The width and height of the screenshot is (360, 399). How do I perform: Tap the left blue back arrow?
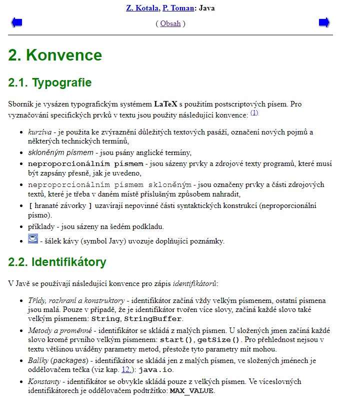pyautogui.click(x=17, y=22)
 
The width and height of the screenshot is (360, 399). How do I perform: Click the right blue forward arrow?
pyautogui.click(x=324, y=22)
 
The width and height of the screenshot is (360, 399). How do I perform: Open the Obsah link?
pyautogui.click(x=170, y=23)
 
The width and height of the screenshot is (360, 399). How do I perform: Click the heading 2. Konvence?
pyautogui.click(x=55, y=55)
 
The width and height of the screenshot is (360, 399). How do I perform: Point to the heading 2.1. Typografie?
pyautogui.click(x=50, y=82)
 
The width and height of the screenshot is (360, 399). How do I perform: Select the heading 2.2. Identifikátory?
pyautogui.click(x=57, y=261)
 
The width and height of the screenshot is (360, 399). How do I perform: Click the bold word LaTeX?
pyautogui.click(x=165, y=104)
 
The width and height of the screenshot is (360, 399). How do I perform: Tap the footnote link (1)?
pyautogui.click(x=254, y=113)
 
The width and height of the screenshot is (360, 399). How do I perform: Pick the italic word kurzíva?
pyautogui.click(x=39, y=132)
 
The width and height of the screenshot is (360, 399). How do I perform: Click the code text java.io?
pyautogui.click(x=156, y=370)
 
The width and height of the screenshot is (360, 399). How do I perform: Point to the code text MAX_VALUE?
pyautogui.click(x=192, y=391)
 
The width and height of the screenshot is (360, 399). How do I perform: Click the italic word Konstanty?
pyautogui.click(x=43, y=381)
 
